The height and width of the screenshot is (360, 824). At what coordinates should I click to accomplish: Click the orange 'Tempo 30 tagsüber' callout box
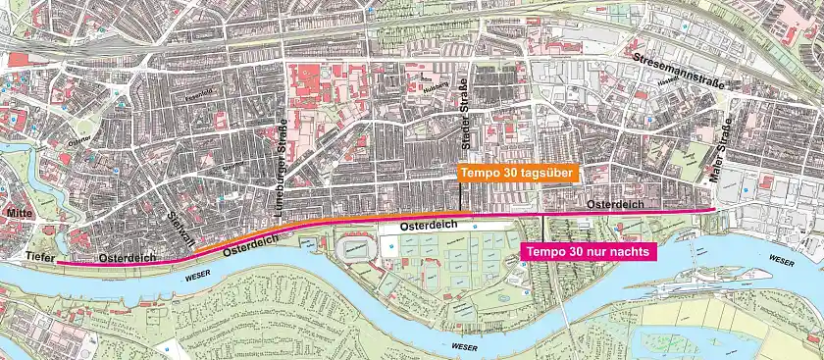[x=516, y=173]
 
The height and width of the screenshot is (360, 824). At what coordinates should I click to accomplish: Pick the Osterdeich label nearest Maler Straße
[x=614, y=203]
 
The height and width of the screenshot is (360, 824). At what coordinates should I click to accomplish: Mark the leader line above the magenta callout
[x=542, y=227]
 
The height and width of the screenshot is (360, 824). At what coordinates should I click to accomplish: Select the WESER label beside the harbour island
[x=782, y=260]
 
